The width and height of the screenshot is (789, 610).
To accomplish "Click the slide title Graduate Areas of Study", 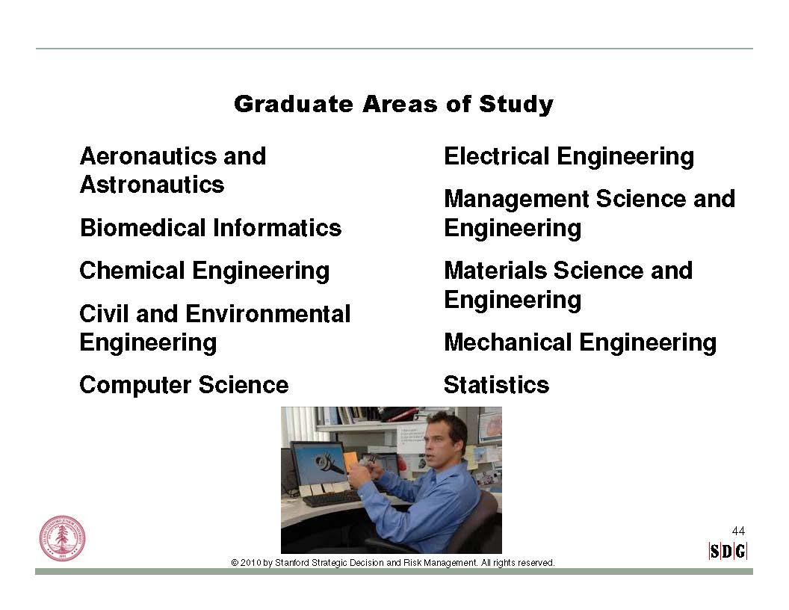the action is (x=394, y=105).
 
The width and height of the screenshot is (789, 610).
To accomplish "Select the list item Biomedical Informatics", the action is (x=211, y=227).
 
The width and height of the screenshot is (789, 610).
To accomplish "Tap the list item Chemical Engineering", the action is (x=204, y=271).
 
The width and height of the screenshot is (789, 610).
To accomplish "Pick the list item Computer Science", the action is (x=184, y=385).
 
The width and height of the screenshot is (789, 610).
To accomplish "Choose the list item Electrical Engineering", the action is (x=569, y=156).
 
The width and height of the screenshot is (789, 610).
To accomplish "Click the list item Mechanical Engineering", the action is (x=581, y=342).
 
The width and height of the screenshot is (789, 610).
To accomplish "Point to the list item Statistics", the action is (x=497, y=385).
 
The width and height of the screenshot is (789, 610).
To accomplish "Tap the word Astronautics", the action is (x=152, y=185).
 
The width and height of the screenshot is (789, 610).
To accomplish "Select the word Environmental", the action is (x=268, y=314).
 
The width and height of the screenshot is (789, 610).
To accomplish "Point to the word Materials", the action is (x=495, y=271).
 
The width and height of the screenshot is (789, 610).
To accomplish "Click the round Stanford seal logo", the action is (x=63, y=539).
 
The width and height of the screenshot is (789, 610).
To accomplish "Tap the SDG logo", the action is (x=728, y=552).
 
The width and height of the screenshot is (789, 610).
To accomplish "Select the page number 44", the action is (x=738, y=531).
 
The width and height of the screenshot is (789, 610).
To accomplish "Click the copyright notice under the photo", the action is (x=393, y=563).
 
